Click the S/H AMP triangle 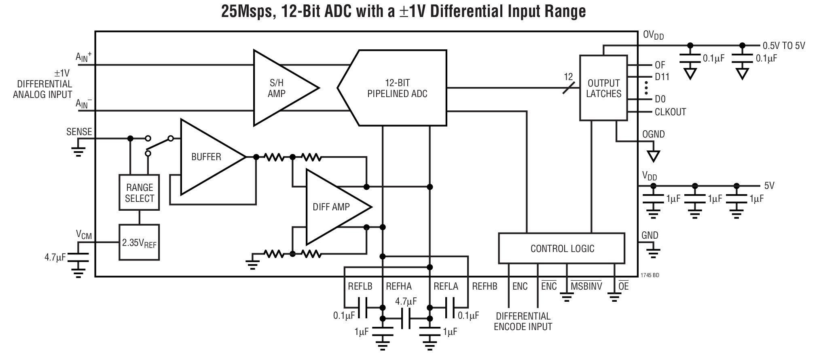[x=279, y=88]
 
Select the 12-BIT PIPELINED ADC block [x=397, y=88]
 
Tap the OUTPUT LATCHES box [x=603, y=88]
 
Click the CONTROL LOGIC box [x=562, y=248]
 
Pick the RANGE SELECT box [x=139, y=193]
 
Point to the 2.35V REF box [x=139, y=243]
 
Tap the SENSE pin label [x=79, y=132]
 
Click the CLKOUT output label [x=670, y=112]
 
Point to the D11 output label [x=662, y=77]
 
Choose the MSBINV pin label [x=586, y=286]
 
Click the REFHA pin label [x=398, y=286]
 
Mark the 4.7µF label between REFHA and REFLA [x=406, y=301]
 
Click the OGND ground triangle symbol [x=653, y=156]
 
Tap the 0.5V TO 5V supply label [x=783, y=46]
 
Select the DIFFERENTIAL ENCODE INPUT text [x=523, y=322]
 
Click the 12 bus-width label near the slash [x=568, y=76]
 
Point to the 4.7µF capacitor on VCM [x=78, y=258]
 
